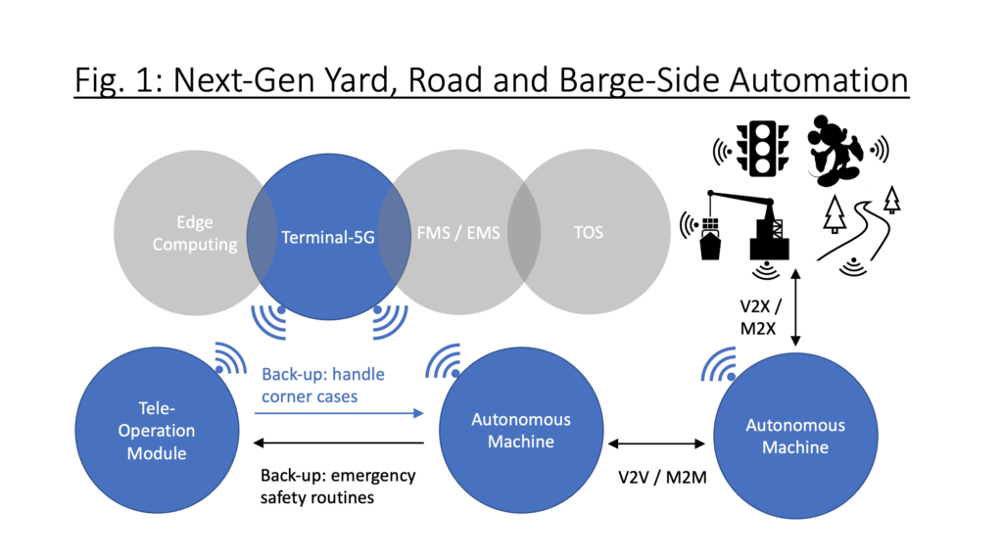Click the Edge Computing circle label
click(x=194, y=233)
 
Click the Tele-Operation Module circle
click(x=157, y=430)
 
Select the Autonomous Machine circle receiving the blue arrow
click(x=521, y=430)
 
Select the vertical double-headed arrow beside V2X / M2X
click(x=796, y=307)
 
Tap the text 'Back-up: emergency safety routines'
click(x=338, y=486)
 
